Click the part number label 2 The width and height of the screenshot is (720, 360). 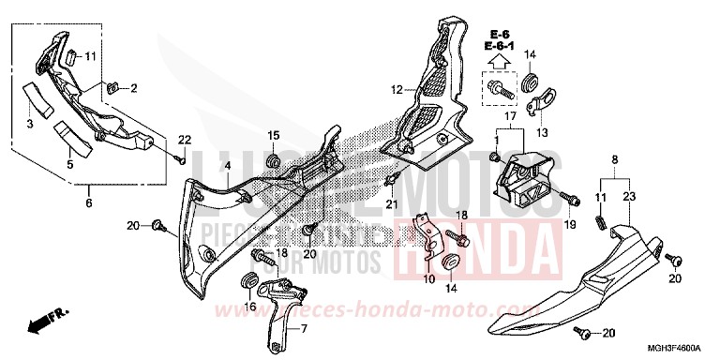(x=133, y=89)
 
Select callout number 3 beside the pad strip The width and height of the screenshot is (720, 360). (x=29, y=125)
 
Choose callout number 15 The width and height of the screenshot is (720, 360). (x=274, y=137)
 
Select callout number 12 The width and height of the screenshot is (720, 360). (x=397, y=90)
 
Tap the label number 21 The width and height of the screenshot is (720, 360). (x=392, y=203)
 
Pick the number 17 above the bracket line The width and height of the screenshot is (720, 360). (x=511, y=116)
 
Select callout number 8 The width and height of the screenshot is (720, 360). (x=615, y=160)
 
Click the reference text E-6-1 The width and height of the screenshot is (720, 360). (x=502, y=45)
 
